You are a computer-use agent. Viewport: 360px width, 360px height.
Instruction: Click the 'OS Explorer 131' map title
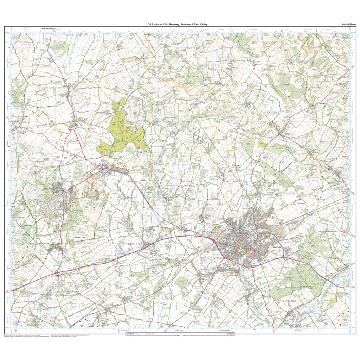point(178,24)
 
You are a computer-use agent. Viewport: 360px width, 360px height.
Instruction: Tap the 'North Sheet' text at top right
point(348,24)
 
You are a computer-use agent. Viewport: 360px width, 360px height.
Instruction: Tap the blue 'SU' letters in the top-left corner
point(14,36)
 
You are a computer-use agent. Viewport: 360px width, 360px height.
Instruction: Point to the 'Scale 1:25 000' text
point(180,336)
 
